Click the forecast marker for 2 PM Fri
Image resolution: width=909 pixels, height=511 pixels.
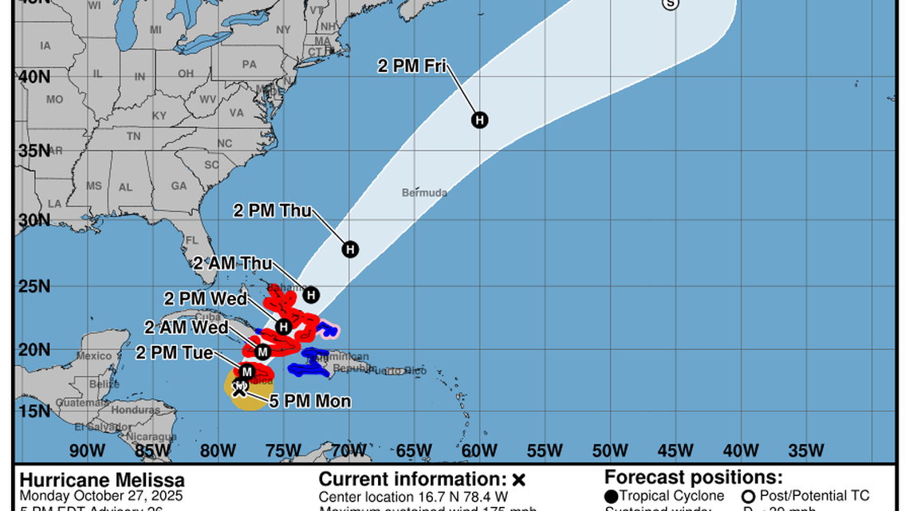tap(479, 120)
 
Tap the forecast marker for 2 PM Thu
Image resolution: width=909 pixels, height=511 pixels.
tap(350, 250)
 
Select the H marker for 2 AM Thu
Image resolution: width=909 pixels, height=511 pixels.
tap(311, 295)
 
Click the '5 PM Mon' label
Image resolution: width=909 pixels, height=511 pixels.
tap(309, 402)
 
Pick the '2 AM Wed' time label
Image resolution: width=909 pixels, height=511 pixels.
tap(186, 327)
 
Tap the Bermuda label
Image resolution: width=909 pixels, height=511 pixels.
tap(424, 193)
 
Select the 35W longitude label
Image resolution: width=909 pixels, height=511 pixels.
tap(807, 449)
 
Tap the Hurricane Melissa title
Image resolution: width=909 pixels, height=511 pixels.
tap(102, 480)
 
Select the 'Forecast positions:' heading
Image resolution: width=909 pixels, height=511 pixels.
tap(693, 478)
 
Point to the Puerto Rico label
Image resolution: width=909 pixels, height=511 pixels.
tap(403, 371)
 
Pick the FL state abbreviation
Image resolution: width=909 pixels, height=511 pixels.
tap(191, 240)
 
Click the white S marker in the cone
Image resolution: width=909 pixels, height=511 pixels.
tap(670, 4)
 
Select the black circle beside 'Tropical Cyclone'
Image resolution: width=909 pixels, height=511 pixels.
tap(612, 496)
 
